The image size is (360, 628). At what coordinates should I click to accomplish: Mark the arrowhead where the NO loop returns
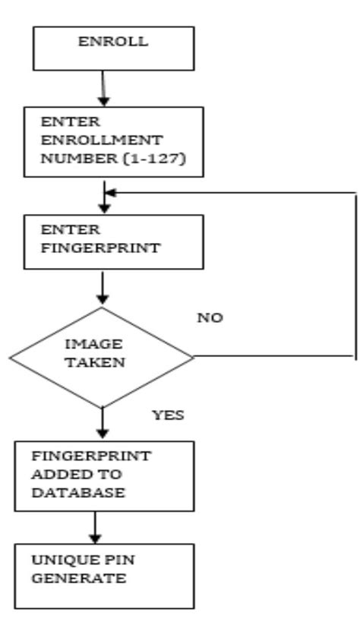(x=109, y=193)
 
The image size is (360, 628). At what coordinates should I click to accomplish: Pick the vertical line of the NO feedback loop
(x=355, y=273)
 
